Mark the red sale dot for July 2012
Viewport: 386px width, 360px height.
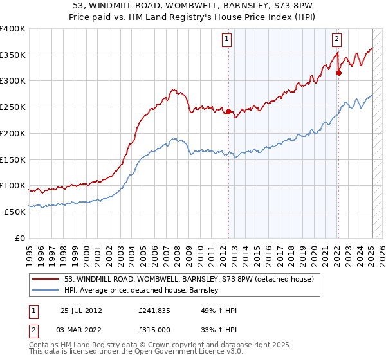coord(228,111)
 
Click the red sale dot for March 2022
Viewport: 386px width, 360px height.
coord(338,73)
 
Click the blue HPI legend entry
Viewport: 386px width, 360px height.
coord(142,290)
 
